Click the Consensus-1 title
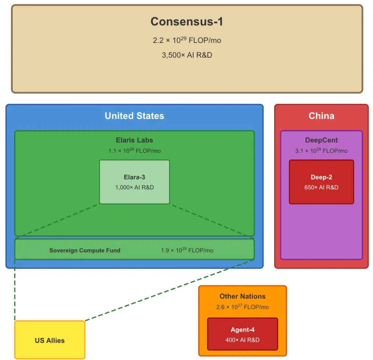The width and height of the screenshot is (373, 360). pyautogui.click(x=187, y=22)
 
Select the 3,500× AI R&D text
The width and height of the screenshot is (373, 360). pyautogui.click(x=187, y=55)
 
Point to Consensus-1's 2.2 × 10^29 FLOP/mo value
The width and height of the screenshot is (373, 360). pyautogui.click(x=187, y=40)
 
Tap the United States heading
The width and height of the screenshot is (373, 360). pyautogui.click(x=134, y=116)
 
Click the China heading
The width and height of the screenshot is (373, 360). pyautogui.click(x=321, y=116)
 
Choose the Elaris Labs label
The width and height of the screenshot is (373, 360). pyautogui.click(x=134, y=140)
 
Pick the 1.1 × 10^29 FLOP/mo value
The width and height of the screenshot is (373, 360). pyautogui.click(x=134, y=151)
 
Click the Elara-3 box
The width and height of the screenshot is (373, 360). pyautogui.click(x=134, y=182)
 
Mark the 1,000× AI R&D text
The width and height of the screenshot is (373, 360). pyautogui.click(x=134, y=187)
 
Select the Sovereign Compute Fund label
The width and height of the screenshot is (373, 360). pyautogui.click(x=85, y=250)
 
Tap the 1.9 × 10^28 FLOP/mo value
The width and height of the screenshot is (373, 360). pyautogui.click(x=187, y=250)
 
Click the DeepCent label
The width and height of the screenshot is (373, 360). pyautogui.click(x=321, y=140)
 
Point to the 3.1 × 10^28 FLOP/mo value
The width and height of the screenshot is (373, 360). pyautogui.click(x=321, y=151)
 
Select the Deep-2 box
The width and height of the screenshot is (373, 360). pyautogui.click(x=321, y=182)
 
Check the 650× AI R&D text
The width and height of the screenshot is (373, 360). pyautogui.click(x=321, y=187)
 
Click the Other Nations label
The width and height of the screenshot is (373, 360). pyautogui.click(x=242, y=296)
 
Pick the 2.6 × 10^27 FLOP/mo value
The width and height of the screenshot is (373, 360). pyautogui.click(x=242, y=307)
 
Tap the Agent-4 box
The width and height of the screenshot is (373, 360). pyautogui.click(x=242, y=334)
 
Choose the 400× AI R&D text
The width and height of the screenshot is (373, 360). pyautogui.click(x=242, y=340)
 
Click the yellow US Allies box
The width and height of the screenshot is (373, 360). pyautogui.click(x=50, y=340)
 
